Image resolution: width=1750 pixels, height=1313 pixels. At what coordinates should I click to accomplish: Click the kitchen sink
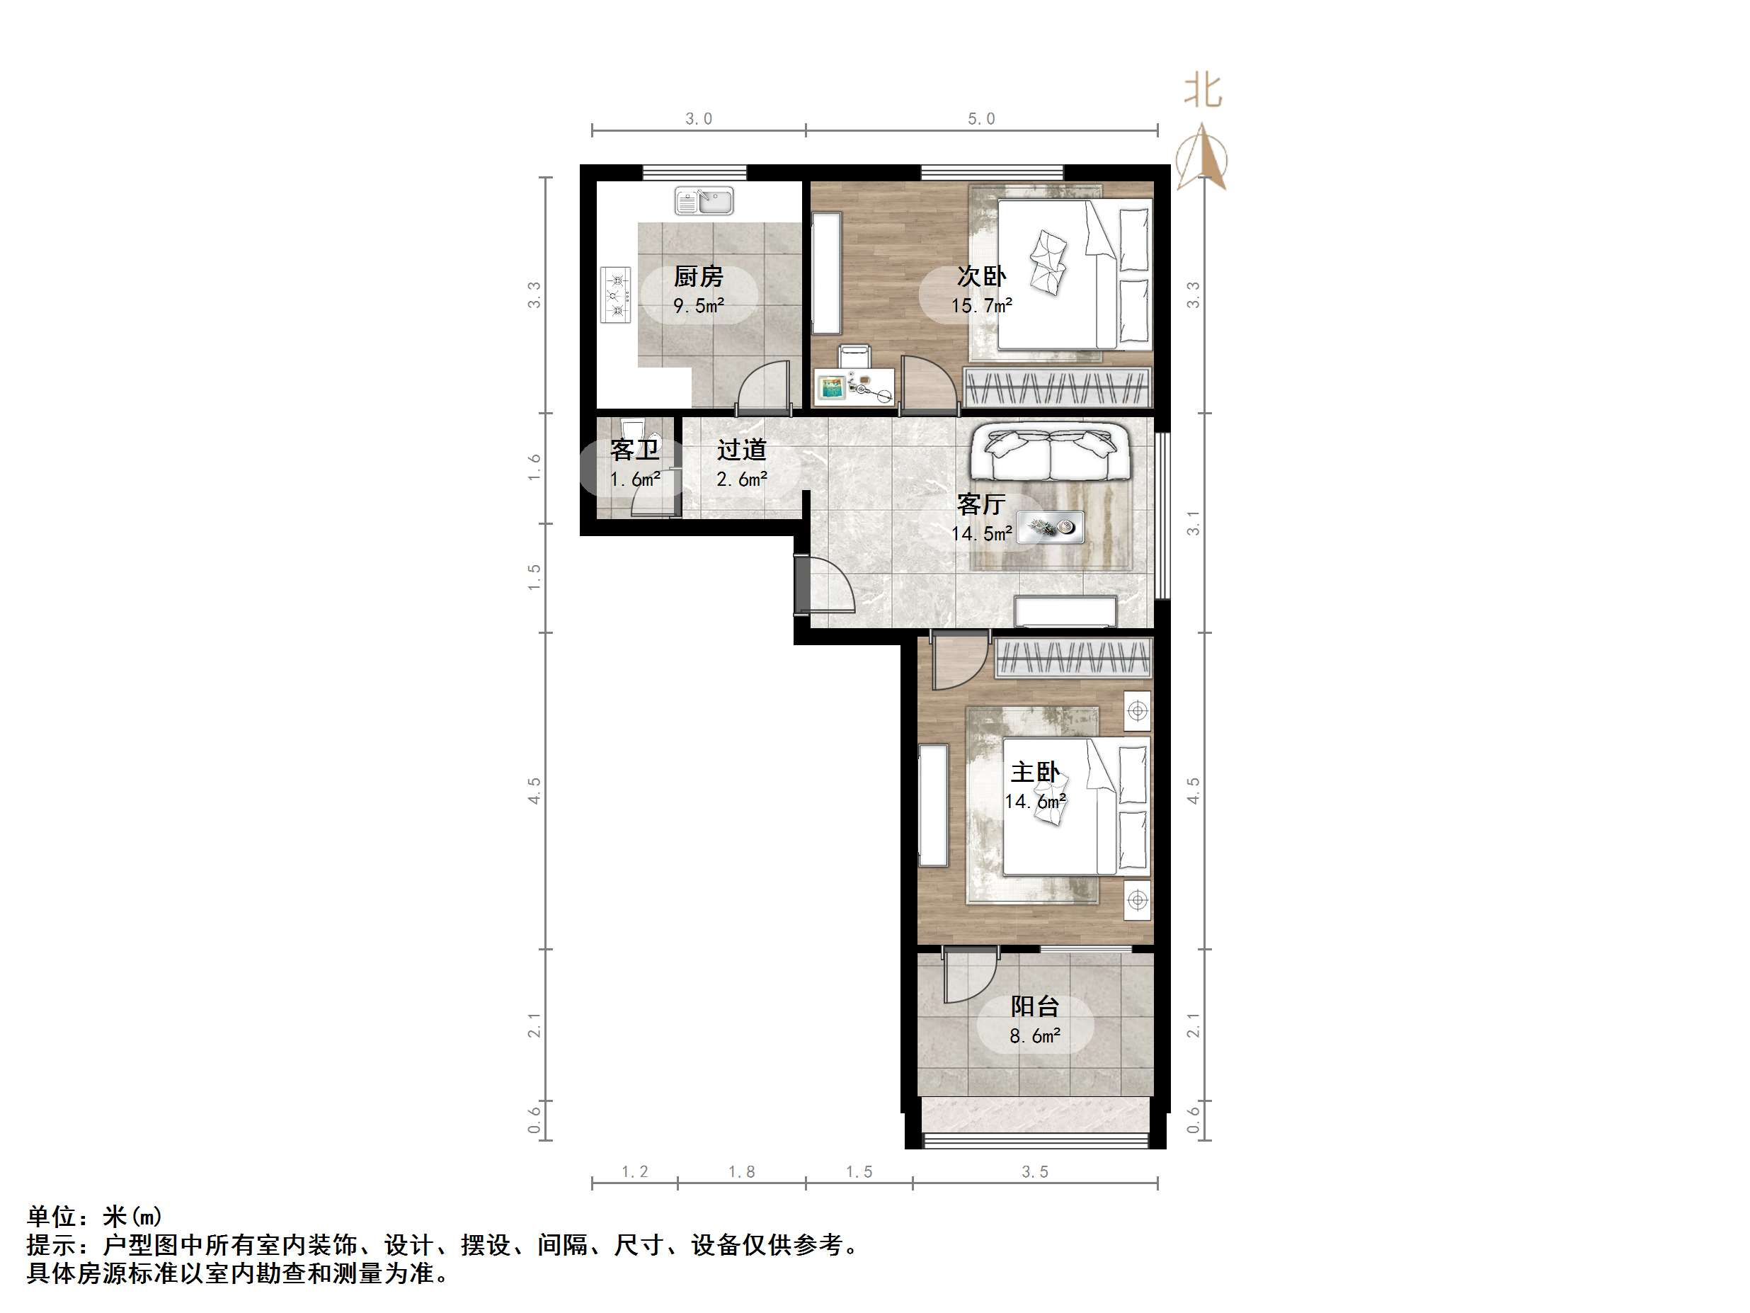(703, 201)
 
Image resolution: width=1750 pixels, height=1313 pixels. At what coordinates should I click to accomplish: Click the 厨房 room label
(698, 276)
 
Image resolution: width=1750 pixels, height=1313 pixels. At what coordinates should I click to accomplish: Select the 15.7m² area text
(981, 305)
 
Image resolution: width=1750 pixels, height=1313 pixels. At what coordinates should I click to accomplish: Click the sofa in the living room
(1051, 453)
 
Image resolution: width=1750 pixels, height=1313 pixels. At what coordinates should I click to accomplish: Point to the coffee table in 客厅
(1050, 527)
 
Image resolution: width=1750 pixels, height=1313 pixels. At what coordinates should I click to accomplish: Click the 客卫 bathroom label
(634, 450)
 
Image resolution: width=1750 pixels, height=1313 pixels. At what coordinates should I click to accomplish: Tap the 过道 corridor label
(741, 450)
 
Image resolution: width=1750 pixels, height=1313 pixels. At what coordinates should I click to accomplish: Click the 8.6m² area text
(1035, 1036)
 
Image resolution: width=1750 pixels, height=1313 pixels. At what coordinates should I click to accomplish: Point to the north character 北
(1203, 91)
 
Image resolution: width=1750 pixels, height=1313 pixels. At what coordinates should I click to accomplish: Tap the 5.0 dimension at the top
(981, 119)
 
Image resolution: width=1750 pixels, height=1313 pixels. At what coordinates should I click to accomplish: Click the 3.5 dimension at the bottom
(1035, 1172)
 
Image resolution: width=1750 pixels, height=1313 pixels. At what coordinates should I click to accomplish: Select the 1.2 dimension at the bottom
(634, 1172)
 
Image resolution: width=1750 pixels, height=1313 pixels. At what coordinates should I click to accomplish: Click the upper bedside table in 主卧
(1138, 711)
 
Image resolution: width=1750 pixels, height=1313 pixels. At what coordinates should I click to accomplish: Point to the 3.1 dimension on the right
(1193, 523)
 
